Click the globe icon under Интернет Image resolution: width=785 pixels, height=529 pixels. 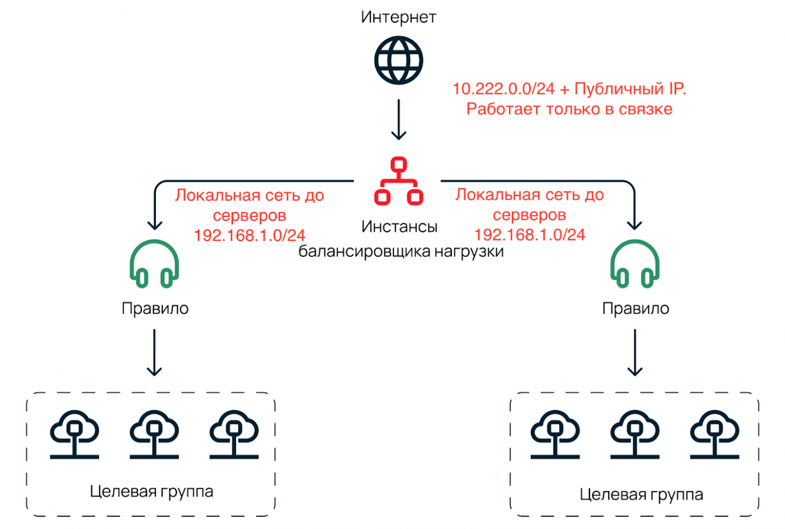point(398,60)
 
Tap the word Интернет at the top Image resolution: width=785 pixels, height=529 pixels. point(398,17)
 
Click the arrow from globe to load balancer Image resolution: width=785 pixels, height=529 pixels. point(399,119)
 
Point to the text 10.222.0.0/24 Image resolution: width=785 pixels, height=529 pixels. point(503,89)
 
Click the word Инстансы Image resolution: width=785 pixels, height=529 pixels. point(399,226)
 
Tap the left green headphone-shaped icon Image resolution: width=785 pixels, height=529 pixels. point(154,264)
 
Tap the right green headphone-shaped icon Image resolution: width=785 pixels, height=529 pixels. point(635,264)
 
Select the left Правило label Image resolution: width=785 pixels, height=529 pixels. point(155,308)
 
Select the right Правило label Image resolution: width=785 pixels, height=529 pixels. point(636,308)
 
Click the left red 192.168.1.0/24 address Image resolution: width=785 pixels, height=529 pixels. point(250,235)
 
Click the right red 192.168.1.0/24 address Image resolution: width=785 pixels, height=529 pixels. point(529,235)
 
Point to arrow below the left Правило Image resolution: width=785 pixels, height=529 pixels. point(154,352)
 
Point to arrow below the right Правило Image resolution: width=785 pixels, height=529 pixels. point(635,352)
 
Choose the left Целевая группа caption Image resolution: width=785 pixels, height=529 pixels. point(151,491)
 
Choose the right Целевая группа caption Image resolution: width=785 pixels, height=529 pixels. point(641,494)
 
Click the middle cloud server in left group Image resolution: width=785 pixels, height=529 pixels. point(154,434)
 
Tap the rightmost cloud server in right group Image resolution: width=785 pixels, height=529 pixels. point(714,434)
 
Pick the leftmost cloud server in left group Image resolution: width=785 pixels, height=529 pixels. point(74,434)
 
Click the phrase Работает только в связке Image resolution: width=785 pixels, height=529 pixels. point(569,109)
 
